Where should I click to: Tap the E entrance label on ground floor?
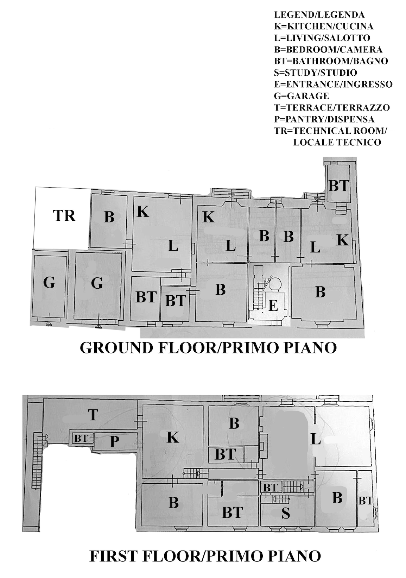pyautogui.click(x=273, y=306)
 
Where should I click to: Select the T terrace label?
pyautogui.click(x=93, y=415)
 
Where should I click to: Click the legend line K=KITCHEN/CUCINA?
pyautogui.click(x=324, y=26)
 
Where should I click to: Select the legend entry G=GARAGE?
pyautogui.click(x=302, y=96)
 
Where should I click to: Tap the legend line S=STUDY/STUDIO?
pyautogui.click(x=316, y=73)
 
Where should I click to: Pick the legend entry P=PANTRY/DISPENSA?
pyautogui.click(x=324, y=119)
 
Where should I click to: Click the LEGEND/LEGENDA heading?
pyautogui.click(x=319, y=15)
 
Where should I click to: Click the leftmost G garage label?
pyautogui.click(x=49, y=283)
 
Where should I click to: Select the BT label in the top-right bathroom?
pyautogui.click(x=339, y=186)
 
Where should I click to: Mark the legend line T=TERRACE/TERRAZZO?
pyautogui.click(x=332, y=108)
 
